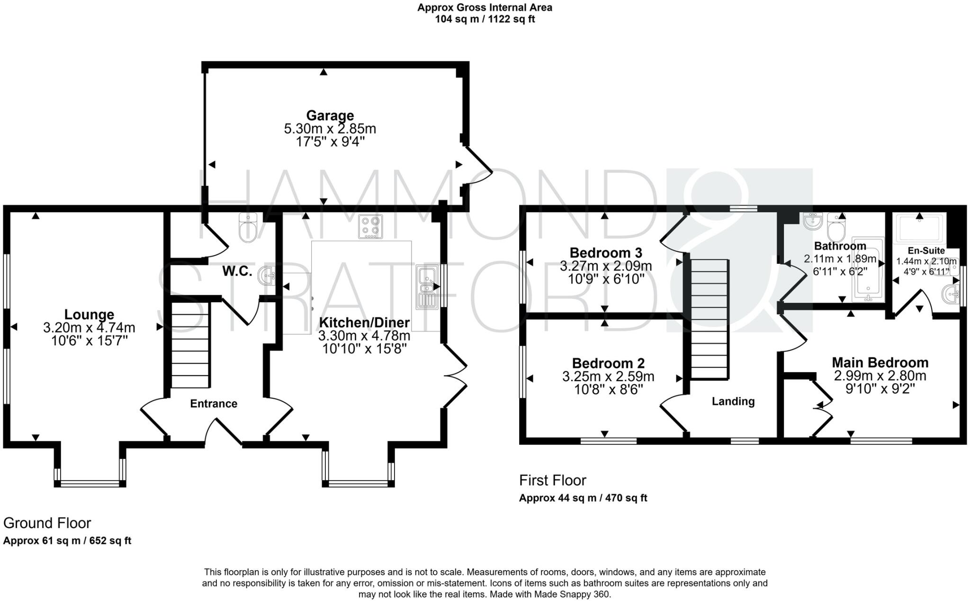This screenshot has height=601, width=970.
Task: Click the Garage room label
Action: tap(330, 116)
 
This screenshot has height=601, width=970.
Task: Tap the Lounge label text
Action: tap(89, 314)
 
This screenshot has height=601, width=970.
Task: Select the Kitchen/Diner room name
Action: tap(364, 323)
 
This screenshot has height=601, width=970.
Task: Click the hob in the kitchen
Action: tap(370, 226)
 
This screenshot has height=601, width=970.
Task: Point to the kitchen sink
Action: tap(426, 287)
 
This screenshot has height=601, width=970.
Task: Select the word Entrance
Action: tap(214, 404)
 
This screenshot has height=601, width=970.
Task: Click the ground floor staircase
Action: tap(190, 345)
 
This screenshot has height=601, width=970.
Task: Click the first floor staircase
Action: tap(709, 319)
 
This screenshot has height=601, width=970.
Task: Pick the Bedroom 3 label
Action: tap(606, 252)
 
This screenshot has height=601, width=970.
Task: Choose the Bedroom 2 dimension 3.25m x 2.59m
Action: tap(608, 377)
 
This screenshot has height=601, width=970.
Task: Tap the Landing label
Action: tap(733, 402)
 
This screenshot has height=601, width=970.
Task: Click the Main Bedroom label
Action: tap(880, 363)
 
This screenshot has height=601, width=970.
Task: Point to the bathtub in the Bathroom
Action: tap(868, 269)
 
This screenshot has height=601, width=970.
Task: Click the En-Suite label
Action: tap(926, 251)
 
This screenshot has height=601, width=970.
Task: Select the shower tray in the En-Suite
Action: tap(919, 228)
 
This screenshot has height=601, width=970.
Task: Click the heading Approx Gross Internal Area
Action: tap(485, 8)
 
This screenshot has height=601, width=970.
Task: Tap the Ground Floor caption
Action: tap(47, 523)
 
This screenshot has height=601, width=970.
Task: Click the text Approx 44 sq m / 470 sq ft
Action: tap(583, 498)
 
